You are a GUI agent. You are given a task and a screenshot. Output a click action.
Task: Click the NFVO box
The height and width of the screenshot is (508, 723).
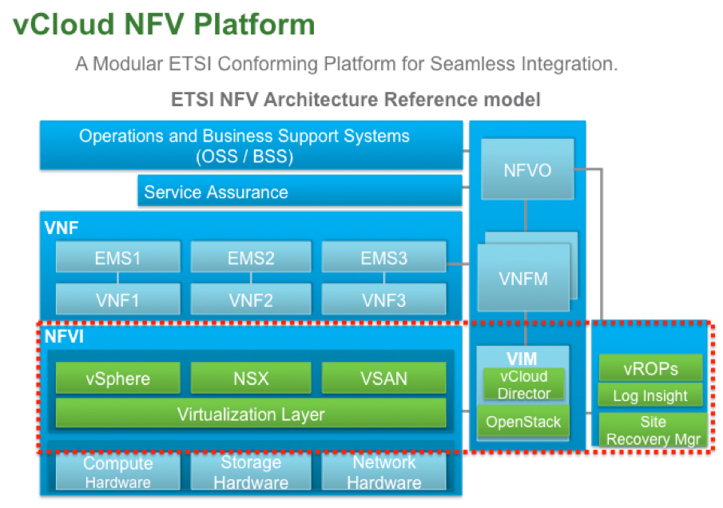528,170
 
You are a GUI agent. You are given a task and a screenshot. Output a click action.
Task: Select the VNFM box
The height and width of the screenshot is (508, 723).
524,279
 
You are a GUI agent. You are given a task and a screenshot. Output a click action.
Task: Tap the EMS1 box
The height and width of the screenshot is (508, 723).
117,258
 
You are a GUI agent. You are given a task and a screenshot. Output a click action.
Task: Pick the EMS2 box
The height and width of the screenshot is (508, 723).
251,258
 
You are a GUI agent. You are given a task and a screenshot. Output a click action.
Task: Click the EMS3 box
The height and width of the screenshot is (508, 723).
384,258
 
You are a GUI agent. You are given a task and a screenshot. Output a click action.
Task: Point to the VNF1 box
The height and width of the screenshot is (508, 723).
117,300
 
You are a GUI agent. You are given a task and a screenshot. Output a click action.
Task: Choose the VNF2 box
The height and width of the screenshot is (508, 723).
251,300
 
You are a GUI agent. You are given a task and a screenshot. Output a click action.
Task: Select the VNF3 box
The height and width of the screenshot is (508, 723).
384,300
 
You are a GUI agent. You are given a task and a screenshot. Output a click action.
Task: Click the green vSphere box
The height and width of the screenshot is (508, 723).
117,378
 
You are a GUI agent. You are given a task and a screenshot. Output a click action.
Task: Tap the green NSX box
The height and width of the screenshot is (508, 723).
251,378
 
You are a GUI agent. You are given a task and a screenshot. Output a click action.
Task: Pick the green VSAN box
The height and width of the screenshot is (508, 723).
384,378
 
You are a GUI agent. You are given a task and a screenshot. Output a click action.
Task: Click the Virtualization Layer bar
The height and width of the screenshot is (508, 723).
251,414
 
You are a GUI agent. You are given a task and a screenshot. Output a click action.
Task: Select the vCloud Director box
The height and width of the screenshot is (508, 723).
523,384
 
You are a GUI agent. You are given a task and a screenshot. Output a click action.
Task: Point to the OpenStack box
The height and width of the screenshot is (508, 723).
523,422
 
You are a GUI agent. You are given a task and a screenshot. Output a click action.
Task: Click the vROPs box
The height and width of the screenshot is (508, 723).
650,368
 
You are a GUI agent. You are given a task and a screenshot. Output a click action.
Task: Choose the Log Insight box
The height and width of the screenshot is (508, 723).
650,395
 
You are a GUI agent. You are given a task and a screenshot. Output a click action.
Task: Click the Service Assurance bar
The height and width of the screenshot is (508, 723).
300,192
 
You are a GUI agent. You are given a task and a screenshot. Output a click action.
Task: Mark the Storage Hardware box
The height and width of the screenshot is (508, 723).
251,472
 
